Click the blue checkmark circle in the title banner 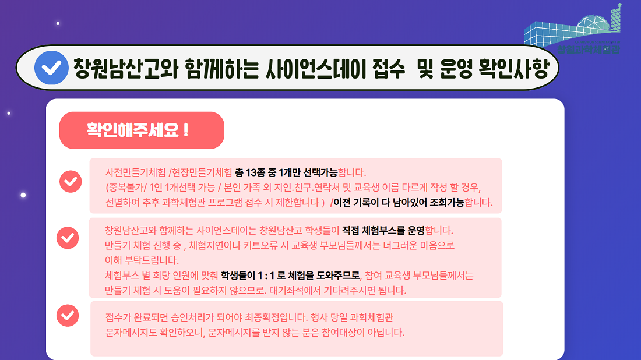(x=51, y=68)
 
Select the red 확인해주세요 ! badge (x=142, y=130)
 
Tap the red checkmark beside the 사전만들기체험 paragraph (x=71, y=181)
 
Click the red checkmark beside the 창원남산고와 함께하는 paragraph (x=68, y=238)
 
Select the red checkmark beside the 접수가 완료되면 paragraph (x=68, y=316)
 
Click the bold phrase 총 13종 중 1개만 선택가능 (x=286, y=172)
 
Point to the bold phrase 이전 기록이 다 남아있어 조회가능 (x=399, y=202)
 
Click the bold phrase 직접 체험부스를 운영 (x=383, y=231)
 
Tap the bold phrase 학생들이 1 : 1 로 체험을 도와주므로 (x=290, y=276)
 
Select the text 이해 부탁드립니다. (x=142, y=260)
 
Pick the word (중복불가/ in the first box (x=126, y=188)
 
